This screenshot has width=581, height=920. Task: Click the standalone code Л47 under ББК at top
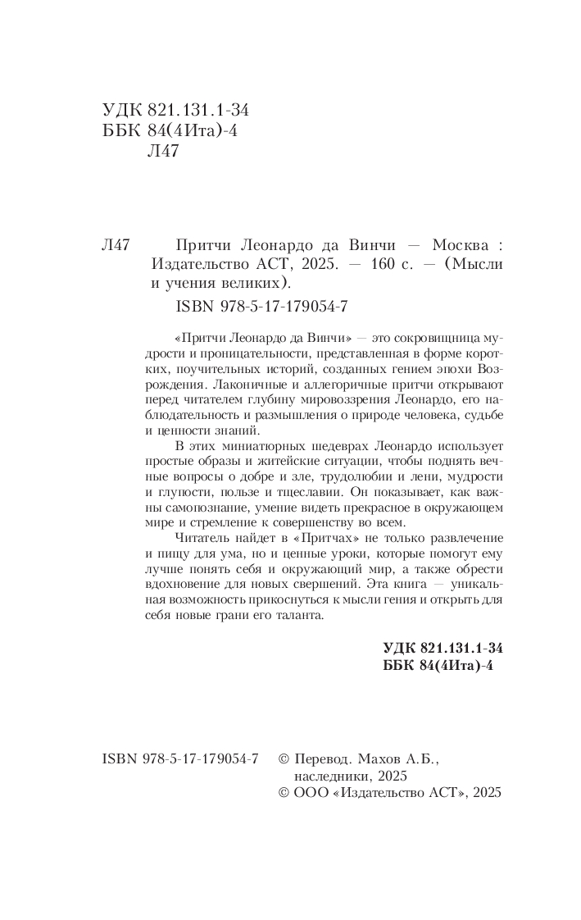click(x=161, y=151)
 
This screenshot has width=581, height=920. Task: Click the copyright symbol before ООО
click(x=285, y=793)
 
